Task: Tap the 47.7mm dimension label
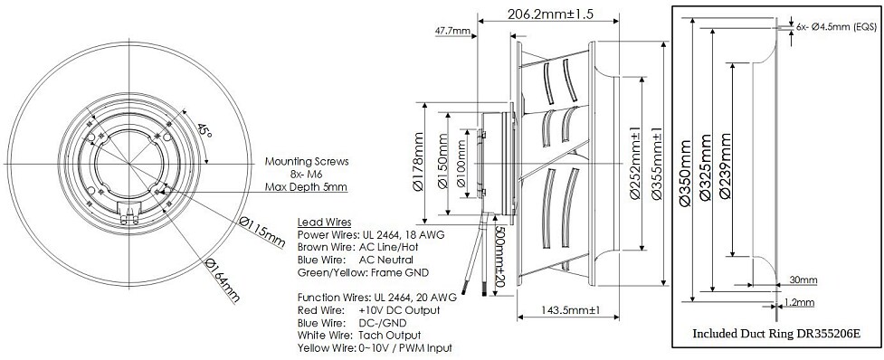click(x=452, y=31)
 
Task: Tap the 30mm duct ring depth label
click(x=803, y=279)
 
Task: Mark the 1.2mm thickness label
click(x=802, y=302)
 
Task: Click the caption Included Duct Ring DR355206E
click(x=775, y=333)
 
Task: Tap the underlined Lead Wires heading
click(x=324, y=222)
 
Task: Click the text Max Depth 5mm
click(x=306, y=187)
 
